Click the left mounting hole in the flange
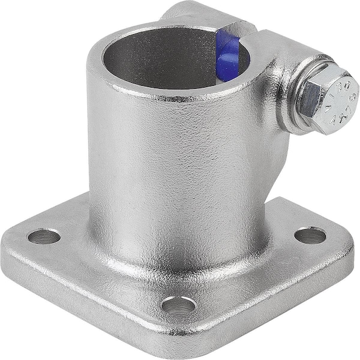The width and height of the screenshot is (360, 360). [x=44, y=236]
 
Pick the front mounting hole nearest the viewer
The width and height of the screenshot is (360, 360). [x=178, y=305]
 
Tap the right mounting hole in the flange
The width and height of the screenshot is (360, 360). [x=310, y=235]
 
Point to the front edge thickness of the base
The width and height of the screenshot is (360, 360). [x=90, y=300]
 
